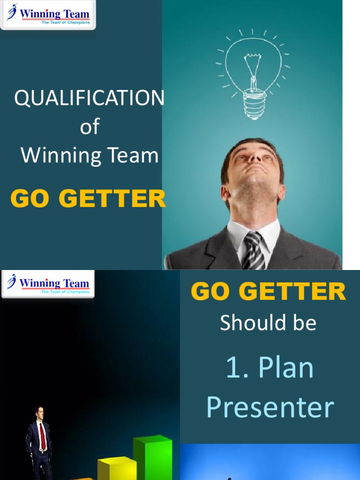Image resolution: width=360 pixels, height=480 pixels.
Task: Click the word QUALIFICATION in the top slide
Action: (89, 98)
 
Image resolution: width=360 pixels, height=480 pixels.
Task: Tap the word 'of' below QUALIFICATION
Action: (89, 127)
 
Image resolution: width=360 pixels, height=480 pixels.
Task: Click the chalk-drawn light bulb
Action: (253, 70)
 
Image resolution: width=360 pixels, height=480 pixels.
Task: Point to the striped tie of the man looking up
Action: (254, 250)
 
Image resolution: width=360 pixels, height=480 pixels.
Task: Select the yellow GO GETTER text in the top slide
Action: (88, 199)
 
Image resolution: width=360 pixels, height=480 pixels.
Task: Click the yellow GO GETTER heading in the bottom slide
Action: (268, 292)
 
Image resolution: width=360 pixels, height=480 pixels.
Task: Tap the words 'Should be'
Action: (268, 323)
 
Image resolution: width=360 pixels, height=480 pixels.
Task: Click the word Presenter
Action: (270, 407)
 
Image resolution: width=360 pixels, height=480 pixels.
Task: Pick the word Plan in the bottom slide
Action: (286, 368)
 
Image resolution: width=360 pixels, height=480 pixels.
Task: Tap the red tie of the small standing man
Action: (43, 436)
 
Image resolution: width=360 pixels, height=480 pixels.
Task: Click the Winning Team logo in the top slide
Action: (48, 15)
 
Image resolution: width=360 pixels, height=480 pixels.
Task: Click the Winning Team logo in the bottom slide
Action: (48, 284)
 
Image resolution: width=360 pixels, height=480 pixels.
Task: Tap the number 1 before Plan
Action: (233, 368)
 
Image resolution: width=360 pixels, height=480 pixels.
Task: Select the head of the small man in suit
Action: (39, 412)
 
